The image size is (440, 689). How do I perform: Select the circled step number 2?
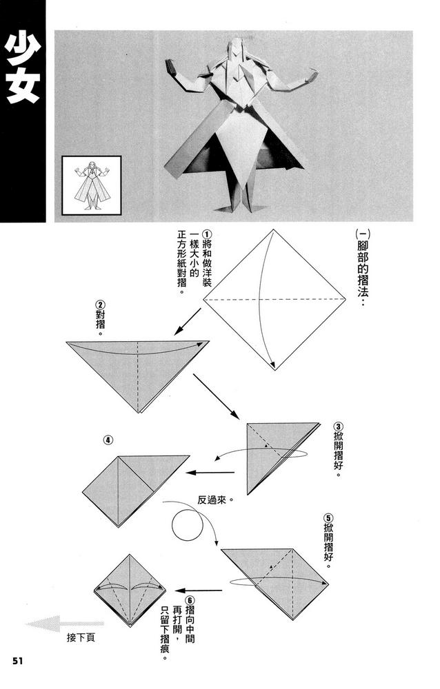[x=101, y=305]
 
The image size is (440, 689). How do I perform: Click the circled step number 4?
[x=108, y=440]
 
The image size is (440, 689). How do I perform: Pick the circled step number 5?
[x=328, y=517]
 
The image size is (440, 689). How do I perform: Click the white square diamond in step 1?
[x=274, y=300]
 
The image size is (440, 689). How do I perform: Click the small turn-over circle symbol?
[x=186, y=527]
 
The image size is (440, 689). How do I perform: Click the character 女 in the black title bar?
[x=22, y=88]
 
